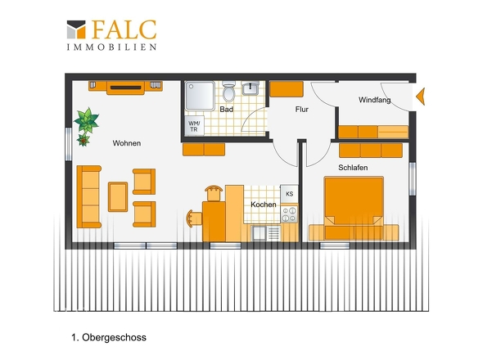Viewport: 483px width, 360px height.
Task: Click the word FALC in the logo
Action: click(x=124, y=29)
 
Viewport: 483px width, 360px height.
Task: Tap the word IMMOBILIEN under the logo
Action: click(x=112, y=47)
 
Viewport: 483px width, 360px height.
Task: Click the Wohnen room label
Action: click(x=127, y=143)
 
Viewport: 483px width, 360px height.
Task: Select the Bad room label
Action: click(x=227, y=110)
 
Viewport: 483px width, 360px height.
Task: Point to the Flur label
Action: click(x=301, y=110)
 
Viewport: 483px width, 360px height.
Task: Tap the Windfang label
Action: click(x=375, y=100)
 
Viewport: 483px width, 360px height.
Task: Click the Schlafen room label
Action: click(x=353, y=168)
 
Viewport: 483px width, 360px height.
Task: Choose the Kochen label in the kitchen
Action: click(x=264, y=205)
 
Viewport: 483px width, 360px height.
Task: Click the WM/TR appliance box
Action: click(x=194, y=126)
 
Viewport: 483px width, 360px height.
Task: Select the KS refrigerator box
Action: click(x=289, y=194)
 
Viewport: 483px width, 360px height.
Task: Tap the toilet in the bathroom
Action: click(x=228, y=91)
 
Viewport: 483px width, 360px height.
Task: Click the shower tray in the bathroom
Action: click(x=200, y=96)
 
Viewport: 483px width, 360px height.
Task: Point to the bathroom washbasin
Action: click(x=251, y=88)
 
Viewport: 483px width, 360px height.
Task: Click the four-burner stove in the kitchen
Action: click(x=289, y=214)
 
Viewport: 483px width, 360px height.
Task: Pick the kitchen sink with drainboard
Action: click(x=266, y=233)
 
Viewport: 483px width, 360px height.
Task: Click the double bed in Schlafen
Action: click(x=354, y=208)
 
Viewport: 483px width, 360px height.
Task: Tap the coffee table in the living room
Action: click(x=118, y=197)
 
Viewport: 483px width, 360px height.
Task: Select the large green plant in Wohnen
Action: click(x=87, y=120)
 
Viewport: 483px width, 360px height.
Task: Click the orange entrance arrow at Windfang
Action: click(x=421, y=97)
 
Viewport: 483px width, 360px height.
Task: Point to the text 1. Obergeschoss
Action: click(x=109, y=338)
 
